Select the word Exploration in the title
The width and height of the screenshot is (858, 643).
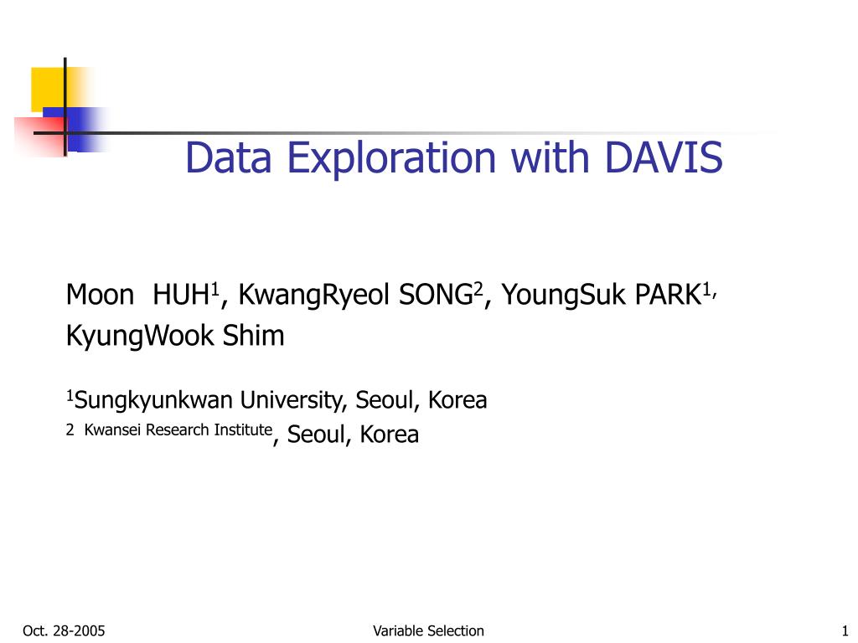(391, 159)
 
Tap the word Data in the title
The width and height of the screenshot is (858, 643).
(229, 157)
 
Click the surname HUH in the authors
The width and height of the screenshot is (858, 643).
(181, 295)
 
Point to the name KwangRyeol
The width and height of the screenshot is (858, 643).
(313, 296)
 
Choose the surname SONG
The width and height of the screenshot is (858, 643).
(436, 295)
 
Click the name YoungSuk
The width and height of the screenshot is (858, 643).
(563, 296)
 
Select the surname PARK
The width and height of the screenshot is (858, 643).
(668, 295)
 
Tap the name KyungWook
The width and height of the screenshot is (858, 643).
(140, 337)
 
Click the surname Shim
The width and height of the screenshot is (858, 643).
(253, 335)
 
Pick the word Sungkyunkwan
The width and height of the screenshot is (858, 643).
(154, 401)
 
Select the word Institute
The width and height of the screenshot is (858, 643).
(243, 430)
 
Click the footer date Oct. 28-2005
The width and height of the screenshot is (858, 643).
(64, 631)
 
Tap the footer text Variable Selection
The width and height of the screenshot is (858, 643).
(428, 631)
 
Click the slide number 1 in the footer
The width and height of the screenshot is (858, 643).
(845, 631)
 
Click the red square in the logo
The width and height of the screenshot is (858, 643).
(39, 136)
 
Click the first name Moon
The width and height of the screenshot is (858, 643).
(101, 295)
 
